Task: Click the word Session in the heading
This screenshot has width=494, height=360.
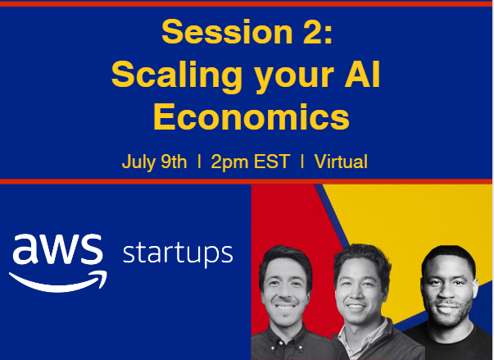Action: coord(227,31)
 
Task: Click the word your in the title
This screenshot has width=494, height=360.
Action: coord(293,77)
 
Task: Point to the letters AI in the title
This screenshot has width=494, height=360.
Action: coord(362,74)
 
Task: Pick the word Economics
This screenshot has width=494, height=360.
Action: coord(252,116)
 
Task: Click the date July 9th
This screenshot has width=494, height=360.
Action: coord(154,162)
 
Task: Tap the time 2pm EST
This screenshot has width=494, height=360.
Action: coord(251,162)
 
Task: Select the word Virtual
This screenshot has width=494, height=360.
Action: coord(341,162)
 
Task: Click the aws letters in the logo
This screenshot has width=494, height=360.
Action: coord(57,249)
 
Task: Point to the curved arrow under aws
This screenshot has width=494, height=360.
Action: coord(58,281)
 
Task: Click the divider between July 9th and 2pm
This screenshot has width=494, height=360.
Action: coord(199,162)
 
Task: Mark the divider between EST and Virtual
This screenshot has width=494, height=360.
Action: coord(302,162)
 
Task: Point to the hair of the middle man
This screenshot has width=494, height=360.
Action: coord(362,257)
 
